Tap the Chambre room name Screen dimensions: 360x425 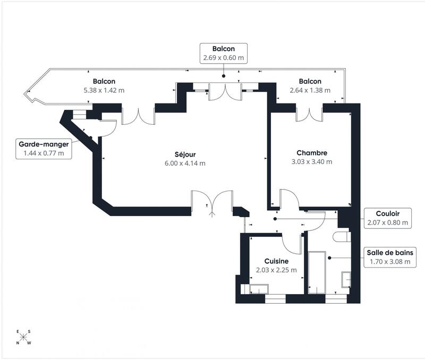pos(312,152)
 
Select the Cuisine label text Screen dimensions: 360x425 pos(276,261)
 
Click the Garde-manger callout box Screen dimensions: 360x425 pos(44,148)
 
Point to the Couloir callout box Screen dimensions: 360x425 pos(387,218)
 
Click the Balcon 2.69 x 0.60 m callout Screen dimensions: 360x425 pos(223,53)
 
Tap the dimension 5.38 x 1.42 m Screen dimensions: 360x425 pos(104,90)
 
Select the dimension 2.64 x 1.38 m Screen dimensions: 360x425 pos(310,90)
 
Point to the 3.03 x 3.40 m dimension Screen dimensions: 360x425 pos(312,161)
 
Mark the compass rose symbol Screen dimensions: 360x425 pos(23,337)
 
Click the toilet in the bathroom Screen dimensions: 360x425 pos(342,235)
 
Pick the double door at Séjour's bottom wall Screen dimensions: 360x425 pos(211,202)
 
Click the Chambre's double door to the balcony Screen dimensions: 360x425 pos(309,114)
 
